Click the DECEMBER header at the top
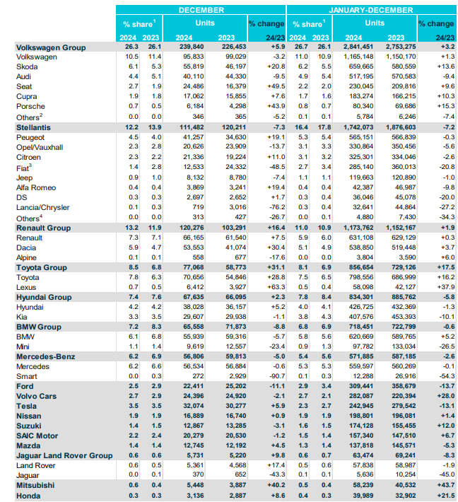(201, 10)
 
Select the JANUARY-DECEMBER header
(372, 10)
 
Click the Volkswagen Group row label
(50, 47)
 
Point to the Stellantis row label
(35, 125)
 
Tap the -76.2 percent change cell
(269, 208)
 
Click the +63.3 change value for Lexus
(269, 288)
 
